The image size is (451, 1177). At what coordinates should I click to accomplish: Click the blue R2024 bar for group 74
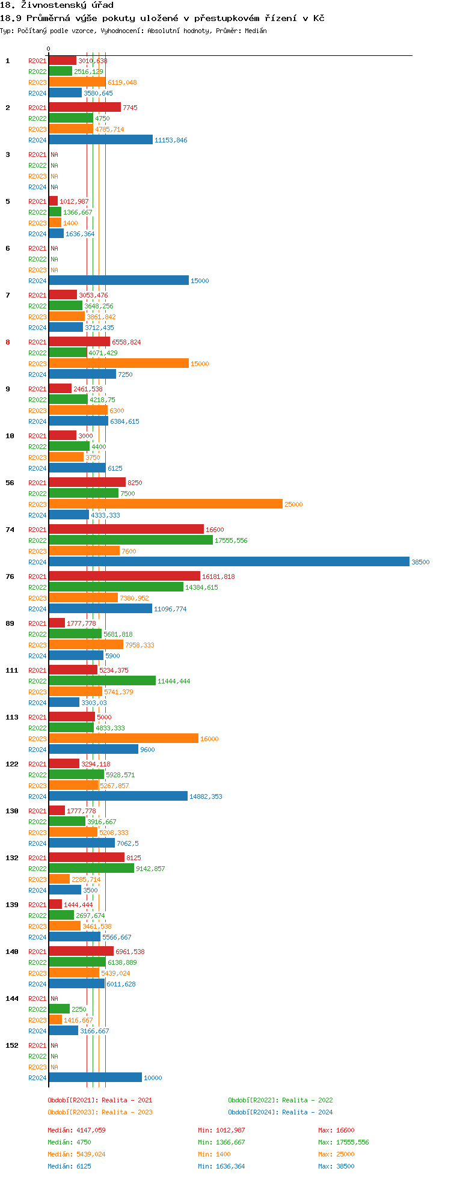coord(229,561)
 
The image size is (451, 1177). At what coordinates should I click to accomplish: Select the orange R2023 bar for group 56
coord(165,504)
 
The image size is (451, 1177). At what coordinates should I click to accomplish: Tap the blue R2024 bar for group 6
coord(118,280)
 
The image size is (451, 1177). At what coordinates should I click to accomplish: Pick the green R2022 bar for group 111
coord(102,680)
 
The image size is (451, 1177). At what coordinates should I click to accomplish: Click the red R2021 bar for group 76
coord(124,576)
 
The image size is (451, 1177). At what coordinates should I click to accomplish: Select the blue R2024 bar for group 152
coord(95,1077)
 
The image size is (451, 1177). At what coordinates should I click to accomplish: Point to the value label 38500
coord(420,562)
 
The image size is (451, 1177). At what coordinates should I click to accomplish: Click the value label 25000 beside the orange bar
coord(293,504)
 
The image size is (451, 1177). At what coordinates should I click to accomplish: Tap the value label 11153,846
coord(171,140)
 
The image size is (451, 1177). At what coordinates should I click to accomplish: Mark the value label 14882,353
coord(206,796)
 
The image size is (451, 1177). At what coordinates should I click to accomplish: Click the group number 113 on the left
coord(12,717)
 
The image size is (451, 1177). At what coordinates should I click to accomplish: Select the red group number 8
coord(8,342)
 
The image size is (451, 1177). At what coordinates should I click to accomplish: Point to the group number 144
coord(12,998)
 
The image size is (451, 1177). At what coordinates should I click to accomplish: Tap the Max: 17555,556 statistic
coord(343,1142)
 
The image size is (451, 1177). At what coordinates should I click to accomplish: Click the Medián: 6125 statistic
coord(69,1166)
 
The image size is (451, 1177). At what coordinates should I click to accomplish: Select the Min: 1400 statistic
coord(213,1154)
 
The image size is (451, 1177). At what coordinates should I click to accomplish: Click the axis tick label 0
coord(49,49)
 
